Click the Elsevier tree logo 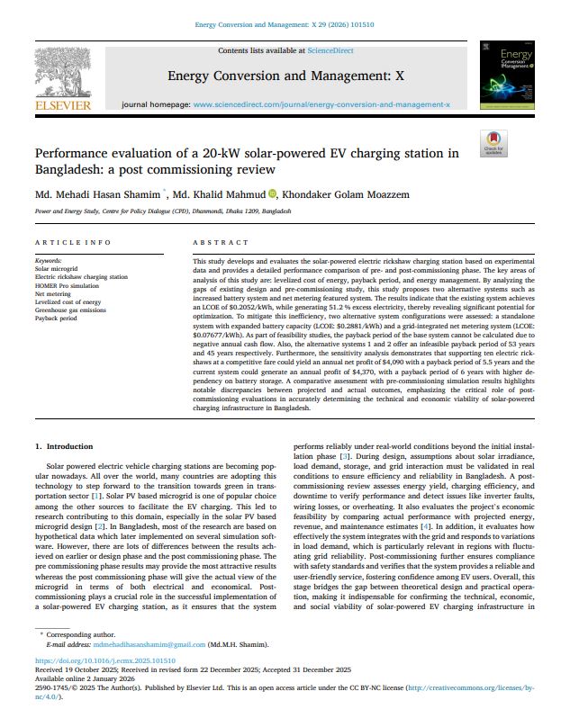coord(62,73)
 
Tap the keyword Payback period coord(56,318)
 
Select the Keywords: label coord(49,261)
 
